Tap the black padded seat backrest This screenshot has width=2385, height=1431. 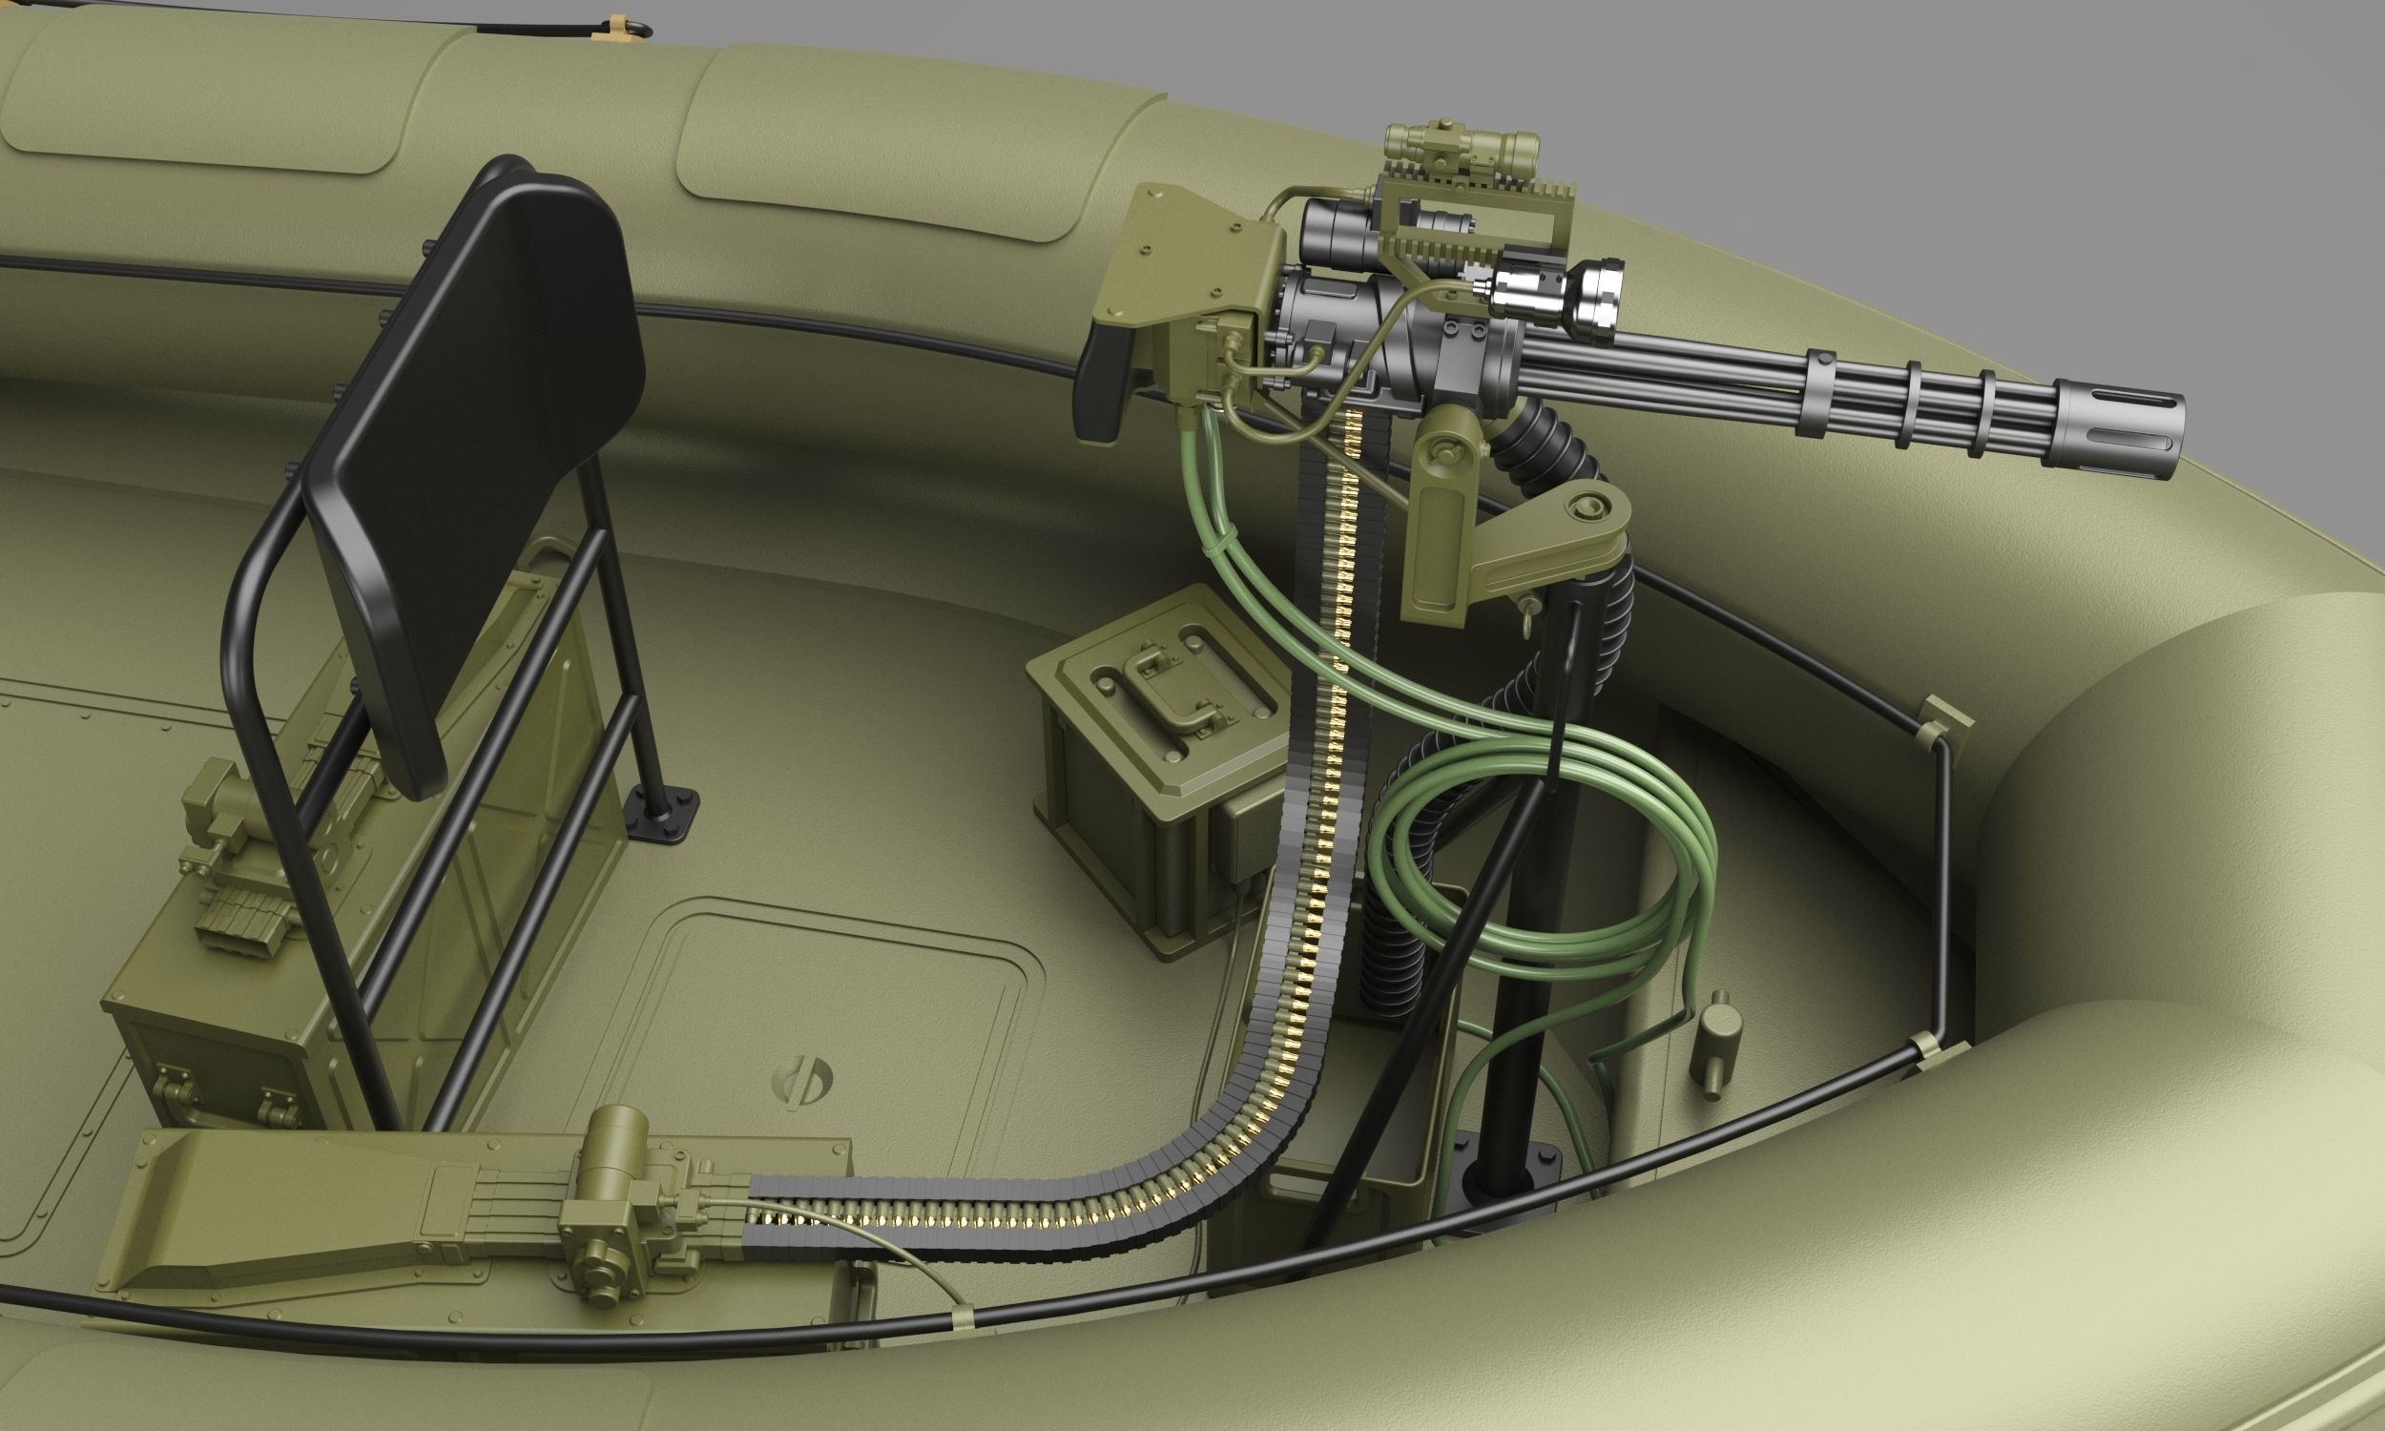tap(482, 463)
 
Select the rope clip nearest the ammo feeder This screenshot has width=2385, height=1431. tap(962, 1317)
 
